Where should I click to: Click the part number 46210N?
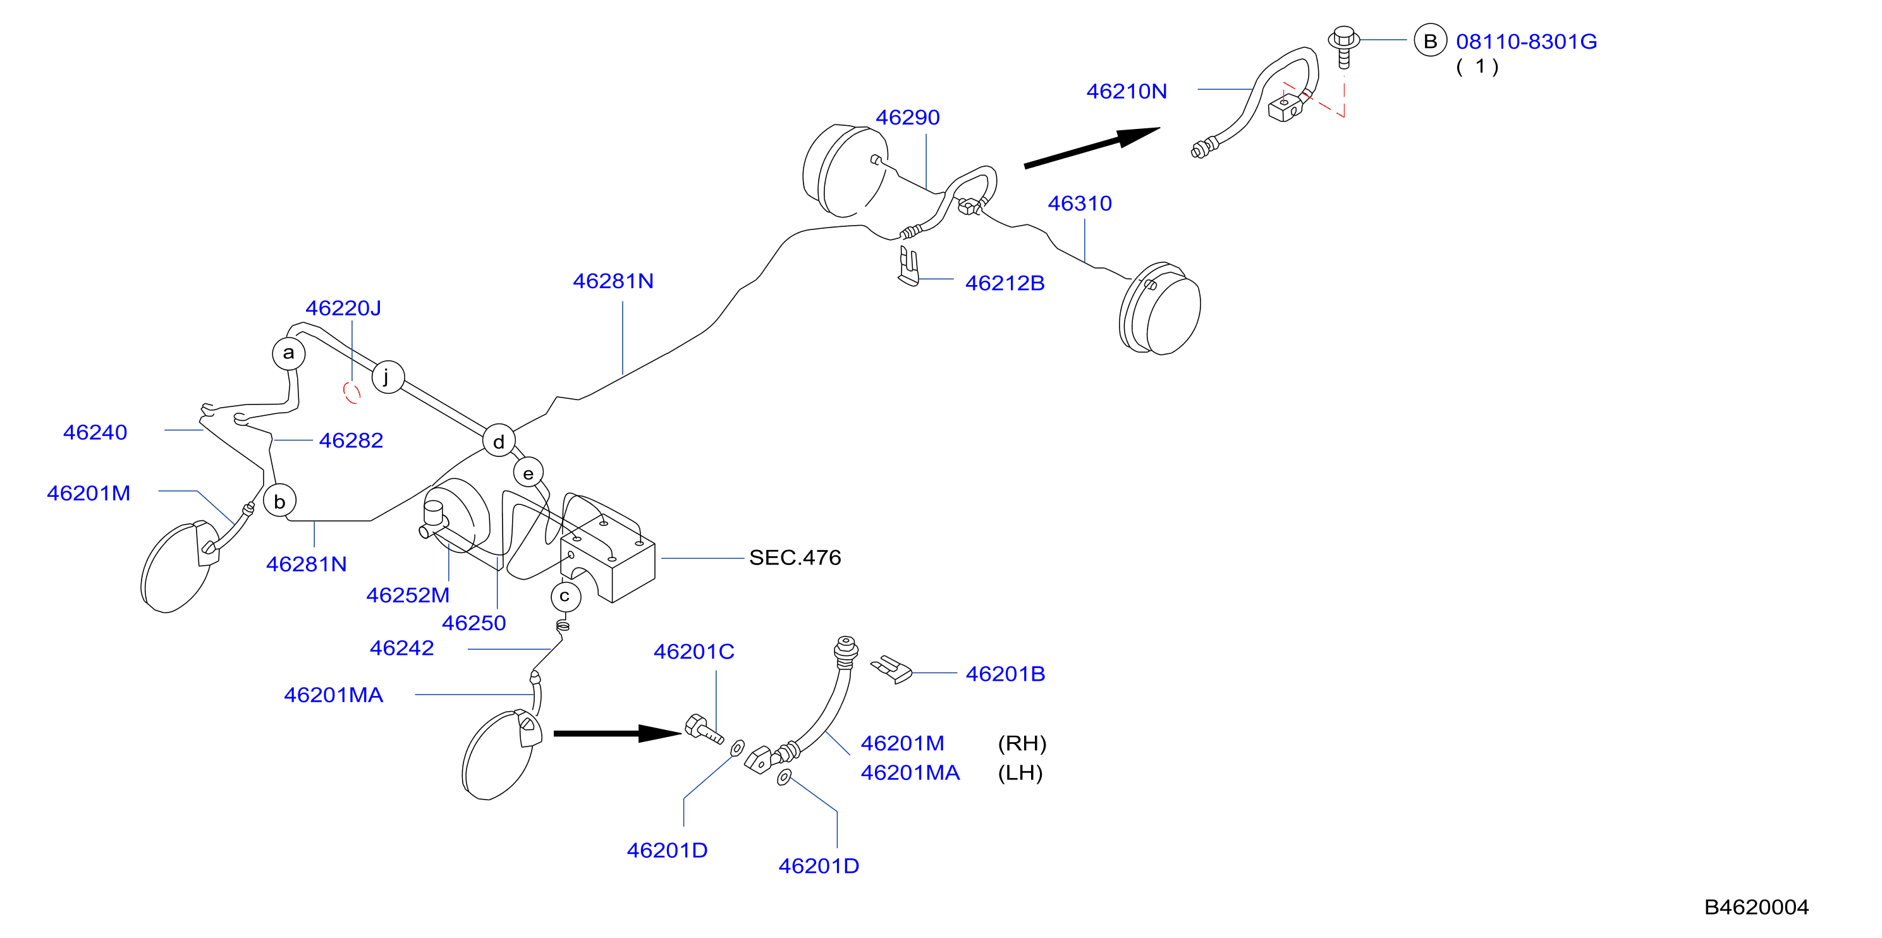pyautogui.click(x=1126, y=91)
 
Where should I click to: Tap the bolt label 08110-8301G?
pyautogui.click(x=1526, y=42)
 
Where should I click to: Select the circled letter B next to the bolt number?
pyautogui.click(x=1430, y=41)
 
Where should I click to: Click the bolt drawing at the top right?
pyautogui.click(x=1343, y=46)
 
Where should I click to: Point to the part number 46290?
pyautogui.click(x=907, y=117)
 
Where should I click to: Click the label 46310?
pyautogui.click(x=1080, y=203)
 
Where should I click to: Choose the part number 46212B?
pyautogui.click(x=1005, y=283)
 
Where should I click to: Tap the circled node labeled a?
pyautogui.click(x=288, y=353)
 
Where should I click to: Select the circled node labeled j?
pyautogui.click(x=388, y=377)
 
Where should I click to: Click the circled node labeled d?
pyautogui.click(x=499, y=441)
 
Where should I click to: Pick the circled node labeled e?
pyautogui.click(x=529, y=473)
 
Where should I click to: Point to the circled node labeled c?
pyautogui.click(x=565, y=597)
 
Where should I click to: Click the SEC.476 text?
pyautogui.click(x=795, y=557)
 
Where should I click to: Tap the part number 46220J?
pyautogui.click(x=343, y=308)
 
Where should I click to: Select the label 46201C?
pyautogui.click(x=694, y=651)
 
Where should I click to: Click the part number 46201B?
pyautogui.click(x=1005, y=674)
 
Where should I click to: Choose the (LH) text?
pyautogui.click(x=1020, y=772)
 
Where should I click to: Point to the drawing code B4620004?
pyautogui.click(x=1756, y=906)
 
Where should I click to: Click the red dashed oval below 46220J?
pyautogui.click(x=352, y=393)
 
